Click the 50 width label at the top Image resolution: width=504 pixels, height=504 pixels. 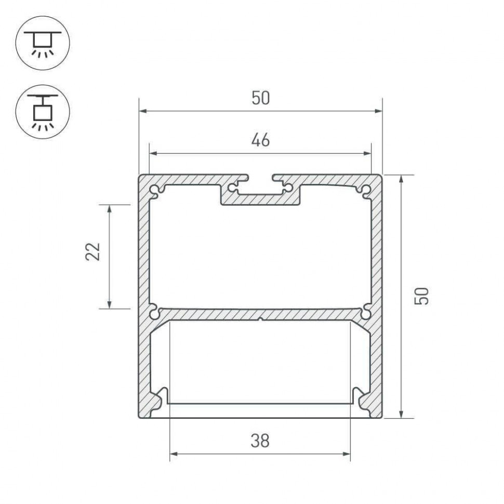coord(261,98)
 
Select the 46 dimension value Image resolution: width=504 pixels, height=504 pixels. coord(261,140)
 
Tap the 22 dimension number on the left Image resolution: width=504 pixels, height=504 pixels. coord(93,251)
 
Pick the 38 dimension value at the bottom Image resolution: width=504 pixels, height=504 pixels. coord(260,441)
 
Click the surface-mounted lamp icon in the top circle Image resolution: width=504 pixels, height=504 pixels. coord(43,43)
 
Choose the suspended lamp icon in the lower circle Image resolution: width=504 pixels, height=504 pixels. coord(43,111)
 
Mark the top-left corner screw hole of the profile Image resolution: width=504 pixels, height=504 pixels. coord(156,190)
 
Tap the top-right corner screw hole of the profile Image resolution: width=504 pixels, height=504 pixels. coord(366,190)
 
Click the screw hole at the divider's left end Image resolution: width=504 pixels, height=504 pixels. coord(155,313)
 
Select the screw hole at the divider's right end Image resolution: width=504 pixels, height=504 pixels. coord(366,313)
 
